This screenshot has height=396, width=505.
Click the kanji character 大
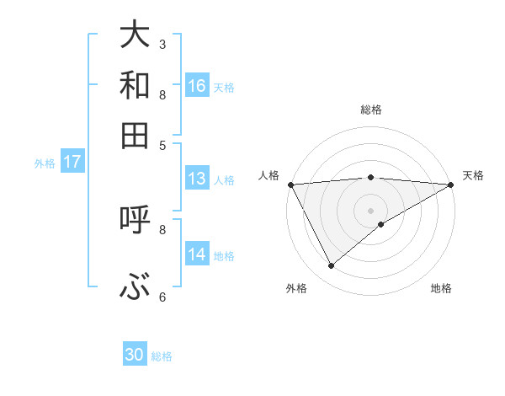[x=135, y=35]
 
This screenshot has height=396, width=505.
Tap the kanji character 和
[x=135, y=85]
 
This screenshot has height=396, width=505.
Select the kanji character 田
[x=135, y=135]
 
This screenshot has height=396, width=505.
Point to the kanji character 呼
[x=135, y=220]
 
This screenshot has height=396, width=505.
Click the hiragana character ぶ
[x=135, y=289]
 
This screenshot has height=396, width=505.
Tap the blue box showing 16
[x=197, y=85]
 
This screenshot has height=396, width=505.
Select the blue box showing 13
[x=197, y=179]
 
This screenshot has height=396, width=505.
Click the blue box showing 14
[x=197, y=254]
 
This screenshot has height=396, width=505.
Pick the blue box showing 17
[x=72, y=163]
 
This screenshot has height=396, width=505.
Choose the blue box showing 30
[x=135, y=355]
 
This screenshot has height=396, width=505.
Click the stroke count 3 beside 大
[x=162, y=44]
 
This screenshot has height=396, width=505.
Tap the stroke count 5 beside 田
[x=162, y=144]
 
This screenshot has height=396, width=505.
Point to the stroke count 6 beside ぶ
[x=162, y=297]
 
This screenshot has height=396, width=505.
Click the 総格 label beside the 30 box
[x=162, y=356]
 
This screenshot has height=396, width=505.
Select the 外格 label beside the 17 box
[x=45, y=163]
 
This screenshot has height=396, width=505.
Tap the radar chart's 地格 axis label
[x=441, y=289]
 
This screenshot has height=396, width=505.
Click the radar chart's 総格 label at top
[x=370, y=110]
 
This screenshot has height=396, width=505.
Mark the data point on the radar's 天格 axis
[x=451, y=185]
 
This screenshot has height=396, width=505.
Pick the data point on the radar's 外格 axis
[x=331, y=266]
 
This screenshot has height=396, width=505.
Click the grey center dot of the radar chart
[x=370, y=211]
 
